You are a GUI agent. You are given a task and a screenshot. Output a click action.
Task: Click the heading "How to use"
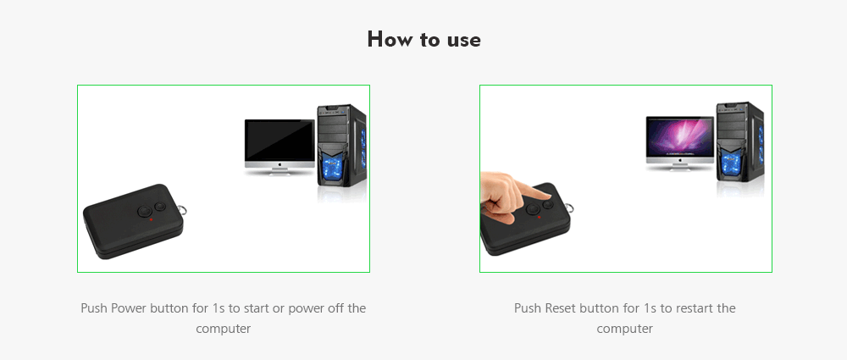423,40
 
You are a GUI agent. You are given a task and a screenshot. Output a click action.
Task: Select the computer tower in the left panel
342,146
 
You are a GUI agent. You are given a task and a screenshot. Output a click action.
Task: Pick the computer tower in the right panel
740,141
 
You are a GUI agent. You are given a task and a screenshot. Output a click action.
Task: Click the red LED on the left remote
151,219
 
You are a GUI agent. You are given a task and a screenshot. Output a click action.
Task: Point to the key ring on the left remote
185,209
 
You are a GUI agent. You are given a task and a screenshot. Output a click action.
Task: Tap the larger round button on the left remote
146,211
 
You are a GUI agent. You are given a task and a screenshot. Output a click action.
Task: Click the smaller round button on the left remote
160,206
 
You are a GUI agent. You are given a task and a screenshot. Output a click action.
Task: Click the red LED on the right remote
539,218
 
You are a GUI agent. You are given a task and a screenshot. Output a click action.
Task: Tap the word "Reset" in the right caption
561,308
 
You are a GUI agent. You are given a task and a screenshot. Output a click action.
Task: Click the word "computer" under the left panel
223,329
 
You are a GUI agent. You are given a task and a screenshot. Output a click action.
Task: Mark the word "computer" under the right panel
625,329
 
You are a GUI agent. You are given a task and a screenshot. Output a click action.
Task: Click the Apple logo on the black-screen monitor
280,163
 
